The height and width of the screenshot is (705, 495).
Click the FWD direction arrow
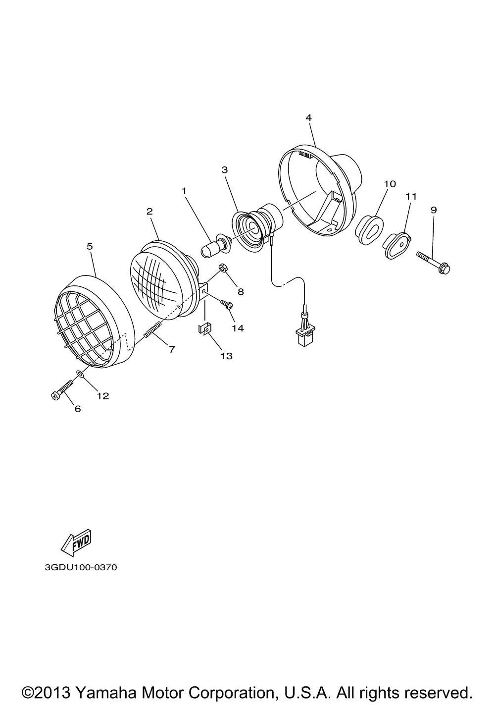pos(75,543)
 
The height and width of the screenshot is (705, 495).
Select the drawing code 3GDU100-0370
pos(81,567)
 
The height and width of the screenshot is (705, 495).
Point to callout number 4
pos(308,117)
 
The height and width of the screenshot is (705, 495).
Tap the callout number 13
pos(226,356)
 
